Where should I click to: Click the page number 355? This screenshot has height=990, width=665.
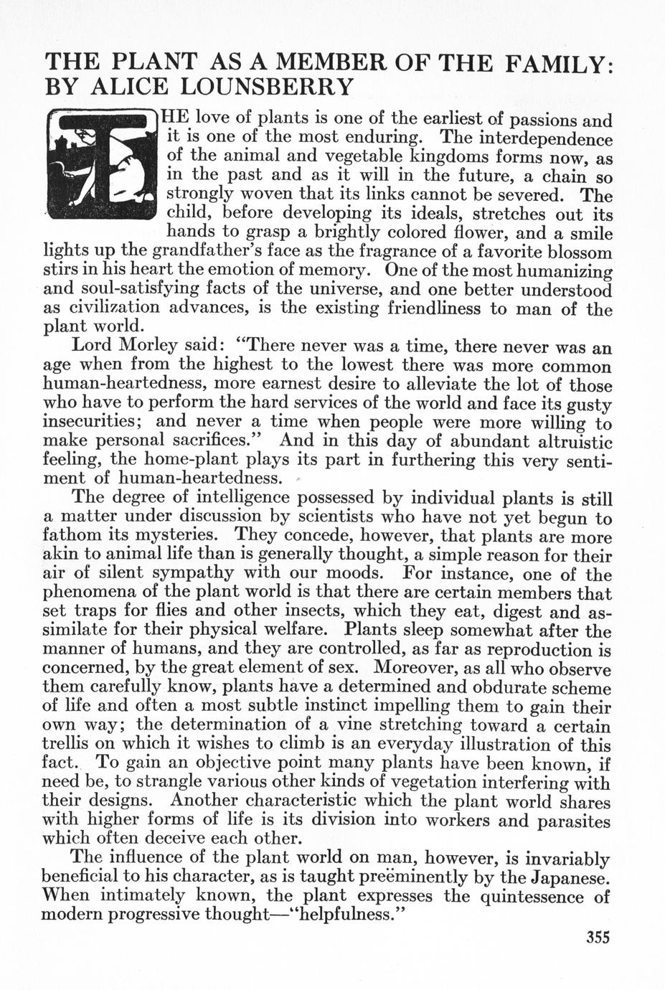pos(598,937)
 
